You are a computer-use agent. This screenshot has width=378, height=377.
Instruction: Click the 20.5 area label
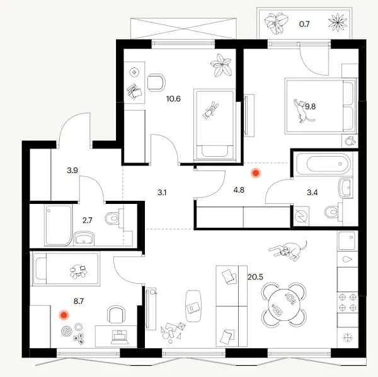255,277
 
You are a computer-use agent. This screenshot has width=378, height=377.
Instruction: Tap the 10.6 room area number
173,99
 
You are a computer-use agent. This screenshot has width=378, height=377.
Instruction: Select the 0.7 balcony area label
304,24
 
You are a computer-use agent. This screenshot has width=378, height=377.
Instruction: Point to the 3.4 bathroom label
312,193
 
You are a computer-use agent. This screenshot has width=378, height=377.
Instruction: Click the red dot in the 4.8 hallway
255,173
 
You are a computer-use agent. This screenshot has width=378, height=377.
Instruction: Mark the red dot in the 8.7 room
64,315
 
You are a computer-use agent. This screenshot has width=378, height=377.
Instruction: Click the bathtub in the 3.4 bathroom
324,164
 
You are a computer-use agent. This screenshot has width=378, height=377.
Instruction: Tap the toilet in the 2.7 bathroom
114,218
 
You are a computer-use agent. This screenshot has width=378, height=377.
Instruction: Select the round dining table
284,305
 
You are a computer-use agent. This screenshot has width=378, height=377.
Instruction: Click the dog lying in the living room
289,250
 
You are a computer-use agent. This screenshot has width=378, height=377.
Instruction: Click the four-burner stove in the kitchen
347,302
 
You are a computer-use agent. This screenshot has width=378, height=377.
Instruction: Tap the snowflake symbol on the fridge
347,337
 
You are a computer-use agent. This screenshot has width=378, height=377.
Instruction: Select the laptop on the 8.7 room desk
120,337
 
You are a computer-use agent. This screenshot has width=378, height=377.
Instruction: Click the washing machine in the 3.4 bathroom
302,216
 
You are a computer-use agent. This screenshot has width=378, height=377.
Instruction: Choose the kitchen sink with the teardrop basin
347,259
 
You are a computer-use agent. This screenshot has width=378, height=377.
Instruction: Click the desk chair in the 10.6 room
156,82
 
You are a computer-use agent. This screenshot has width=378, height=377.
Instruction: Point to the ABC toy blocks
79,339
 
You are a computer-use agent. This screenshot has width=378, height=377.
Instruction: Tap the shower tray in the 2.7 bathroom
59,225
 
